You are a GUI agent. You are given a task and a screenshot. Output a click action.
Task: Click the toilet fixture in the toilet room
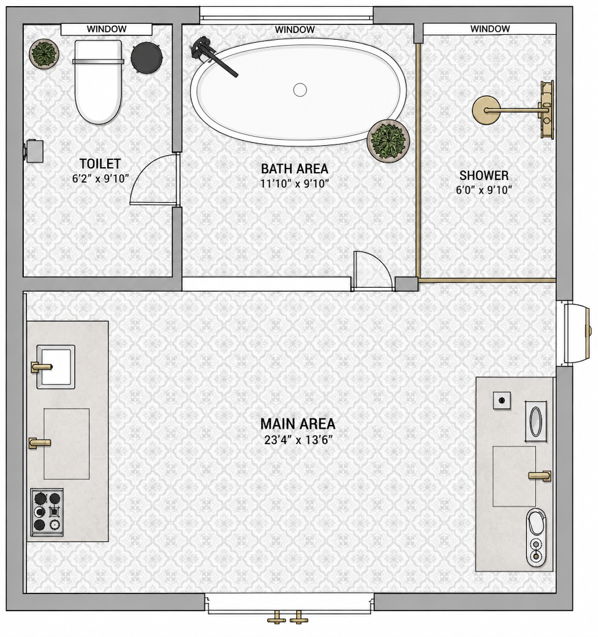tap(98, 81)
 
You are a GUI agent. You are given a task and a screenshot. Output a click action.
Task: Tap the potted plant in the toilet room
tap(44, 54)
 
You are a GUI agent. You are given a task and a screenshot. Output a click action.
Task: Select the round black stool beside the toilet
tap(146, 58)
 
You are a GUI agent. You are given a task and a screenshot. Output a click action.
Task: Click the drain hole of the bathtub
tap(300, 90)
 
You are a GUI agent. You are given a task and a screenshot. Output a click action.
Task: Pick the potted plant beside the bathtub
tap(388, 141)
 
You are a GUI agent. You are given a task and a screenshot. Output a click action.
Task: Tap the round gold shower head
tap(486, 110)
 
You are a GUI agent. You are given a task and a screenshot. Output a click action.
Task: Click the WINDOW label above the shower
tap(490, 29)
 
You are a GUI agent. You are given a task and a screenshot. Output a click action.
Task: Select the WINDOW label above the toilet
tap(107, 29)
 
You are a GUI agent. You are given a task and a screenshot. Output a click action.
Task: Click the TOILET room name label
tap(100, 164)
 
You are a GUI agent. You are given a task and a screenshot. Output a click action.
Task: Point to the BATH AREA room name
tap(295, 168)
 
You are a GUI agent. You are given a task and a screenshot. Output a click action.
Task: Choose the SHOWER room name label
tap(484, 176)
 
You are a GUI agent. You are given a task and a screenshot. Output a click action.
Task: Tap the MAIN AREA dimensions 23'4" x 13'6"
tap(298, 440)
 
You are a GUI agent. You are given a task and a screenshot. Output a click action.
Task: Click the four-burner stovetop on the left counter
tap(47, 512)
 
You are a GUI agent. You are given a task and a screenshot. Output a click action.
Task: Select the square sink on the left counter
tap(56, 367)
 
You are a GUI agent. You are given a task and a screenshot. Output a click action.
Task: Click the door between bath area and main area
tap(373, 271)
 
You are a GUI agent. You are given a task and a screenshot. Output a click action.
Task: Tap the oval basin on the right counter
tap(536, 421)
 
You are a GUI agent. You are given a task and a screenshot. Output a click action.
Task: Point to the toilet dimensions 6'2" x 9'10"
tap(100, 178)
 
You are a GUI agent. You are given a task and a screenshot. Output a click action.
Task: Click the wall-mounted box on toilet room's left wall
tap(34, 151)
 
